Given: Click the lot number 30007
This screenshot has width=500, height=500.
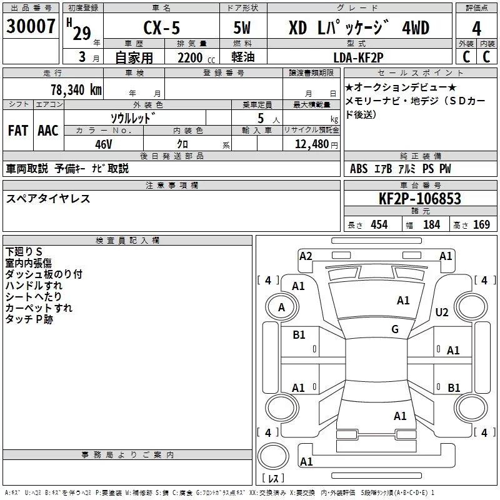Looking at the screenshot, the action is coord(31,27).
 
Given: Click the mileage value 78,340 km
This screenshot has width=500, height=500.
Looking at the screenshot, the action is coord(76,89).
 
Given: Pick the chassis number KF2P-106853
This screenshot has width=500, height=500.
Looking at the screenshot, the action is coord(420,199).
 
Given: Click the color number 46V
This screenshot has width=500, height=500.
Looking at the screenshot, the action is coord(104,144).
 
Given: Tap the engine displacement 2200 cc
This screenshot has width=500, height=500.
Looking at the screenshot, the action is coord(191,57).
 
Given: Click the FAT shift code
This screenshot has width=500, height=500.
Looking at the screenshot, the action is coord(18,131).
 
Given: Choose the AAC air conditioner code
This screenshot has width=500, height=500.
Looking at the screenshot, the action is coord(47,131).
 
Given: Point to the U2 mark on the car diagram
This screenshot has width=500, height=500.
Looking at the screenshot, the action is coord(442,312).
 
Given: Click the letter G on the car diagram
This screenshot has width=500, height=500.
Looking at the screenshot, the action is coord(395,329).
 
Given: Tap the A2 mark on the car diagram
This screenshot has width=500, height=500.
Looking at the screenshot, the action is coord(306,256).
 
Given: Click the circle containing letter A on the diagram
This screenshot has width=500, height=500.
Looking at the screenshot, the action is coord(281,307).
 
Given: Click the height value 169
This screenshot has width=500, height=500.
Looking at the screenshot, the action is coord(481,225).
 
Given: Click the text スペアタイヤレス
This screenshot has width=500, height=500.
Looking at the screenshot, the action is coord(48,199).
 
